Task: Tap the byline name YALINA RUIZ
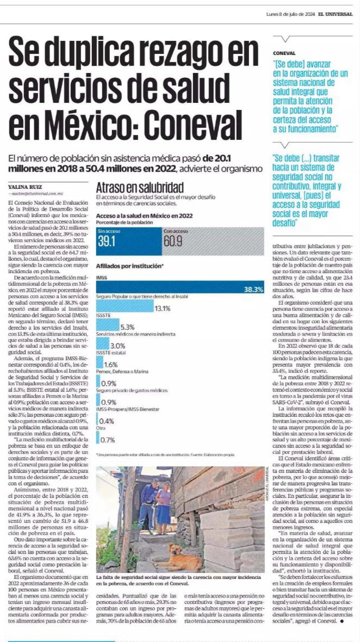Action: point(23,187)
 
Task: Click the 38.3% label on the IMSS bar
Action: point(253,289)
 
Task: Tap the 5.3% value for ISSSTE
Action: point(127,327)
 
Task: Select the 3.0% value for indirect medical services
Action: point(117,345)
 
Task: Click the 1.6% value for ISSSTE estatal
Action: point(111,364)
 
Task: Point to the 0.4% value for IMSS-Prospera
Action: point(107,421)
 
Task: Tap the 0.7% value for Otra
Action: point(108,439)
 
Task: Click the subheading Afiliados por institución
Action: point(129,266)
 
